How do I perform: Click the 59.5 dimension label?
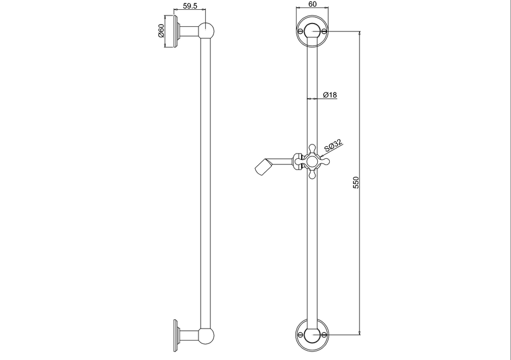(x=190, y=6)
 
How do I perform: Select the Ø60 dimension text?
(x=161, y=30)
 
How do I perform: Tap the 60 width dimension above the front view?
(x=312, y=4)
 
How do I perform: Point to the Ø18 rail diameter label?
(x=330, y=95)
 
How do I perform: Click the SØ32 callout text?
(x=333, y=146)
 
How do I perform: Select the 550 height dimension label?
(x=356, y=182)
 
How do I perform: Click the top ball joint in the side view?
(x=206, y=30)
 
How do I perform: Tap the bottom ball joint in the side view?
(x=206, y=336)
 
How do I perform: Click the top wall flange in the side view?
(x=176, y=31)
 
